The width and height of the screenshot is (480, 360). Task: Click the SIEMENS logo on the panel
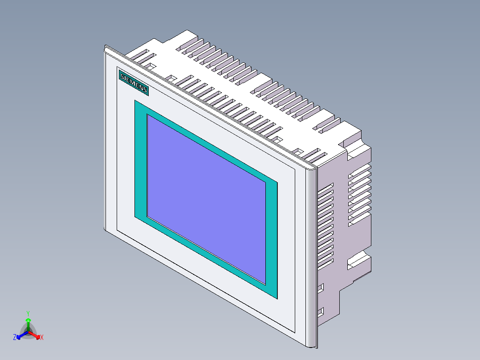coord(133,82)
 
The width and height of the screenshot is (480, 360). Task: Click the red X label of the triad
coord(42,338)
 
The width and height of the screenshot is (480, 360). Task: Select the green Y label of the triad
coord(28,313)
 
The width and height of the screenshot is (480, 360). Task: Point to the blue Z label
coord(15,337)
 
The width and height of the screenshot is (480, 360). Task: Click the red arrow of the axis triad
coord(36,335)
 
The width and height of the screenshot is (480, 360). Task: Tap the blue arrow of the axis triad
coord(20,335)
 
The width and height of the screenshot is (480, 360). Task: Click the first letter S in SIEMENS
coord(122,77)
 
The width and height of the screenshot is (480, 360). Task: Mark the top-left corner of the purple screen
coord(147,115)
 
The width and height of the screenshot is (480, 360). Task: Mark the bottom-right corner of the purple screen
coord(266,285)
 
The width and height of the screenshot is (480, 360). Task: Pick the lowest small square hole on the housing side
coord(321,311)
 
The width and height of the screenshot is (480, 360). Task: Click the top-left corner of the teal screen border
coord(135,100)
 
